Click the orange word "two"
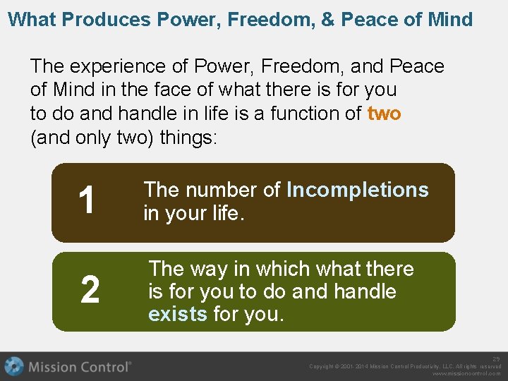(x=384, y=113)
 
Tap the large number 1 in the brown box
(x=87, y=201)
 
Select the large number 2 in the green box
(x=90, y=291)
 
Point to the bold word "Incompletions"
(x=357, y=190)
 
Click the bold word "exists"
(x=178, y=314)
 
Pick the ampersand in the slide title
(x=327, y=19)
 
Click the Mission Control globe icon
(x=13, y=366)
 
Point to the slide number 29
(x=496, y=359)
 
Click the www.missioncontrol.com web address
(x=466, y=374)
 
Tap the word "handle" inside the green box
(x=363, y=291)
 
